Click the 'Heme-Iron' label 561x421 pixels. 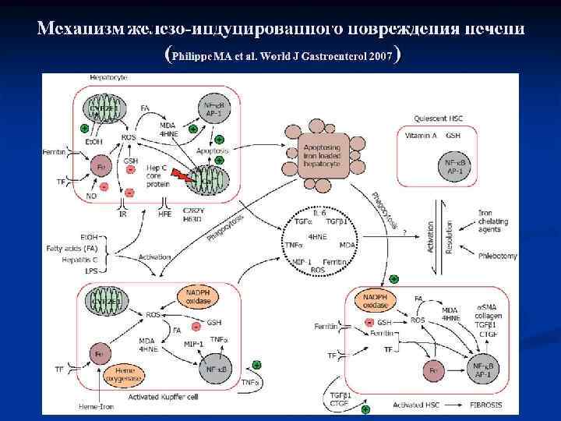point(95,406)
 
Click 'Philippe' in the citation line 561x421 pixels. point(194,57)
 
